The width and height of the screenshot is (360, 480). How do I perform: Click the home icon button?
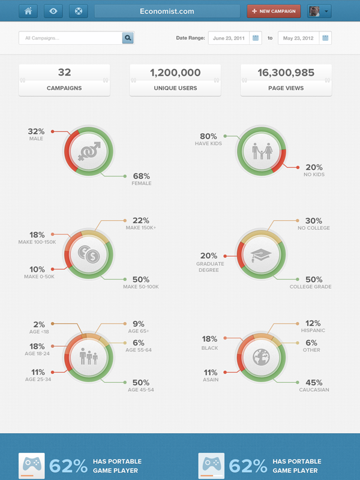(28, 11)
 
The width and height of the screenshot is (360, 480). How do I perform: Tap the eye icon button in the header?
(53, 11)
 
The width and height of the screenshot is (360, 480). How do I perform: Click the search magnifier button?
(128, 38)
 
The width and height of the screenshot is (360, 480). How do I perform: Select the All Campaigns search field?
(71, 38)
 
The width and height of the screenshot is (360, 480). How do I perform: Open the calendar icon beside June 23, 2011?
(256, 38)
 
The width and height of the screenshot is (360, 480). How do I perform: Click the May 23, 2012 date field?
(298, 38)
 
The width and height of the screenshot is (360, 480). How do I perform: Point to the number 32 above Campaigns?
(64, 72)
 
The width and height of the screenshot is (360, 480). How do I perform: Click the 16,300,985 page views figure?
(286, 73)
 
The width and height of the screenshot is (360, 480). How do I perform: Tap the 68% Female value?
(142, 176)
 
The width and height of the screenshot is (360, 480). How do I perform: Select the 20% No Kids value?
(314, 167)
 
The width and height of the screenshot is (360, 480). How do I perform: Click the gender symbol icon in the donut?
(89, 151)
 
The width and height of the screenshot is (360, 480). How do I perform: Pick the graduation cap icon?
(261, 255)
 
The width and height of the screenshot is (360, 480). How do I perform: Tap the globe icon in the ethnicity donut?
(261, 357)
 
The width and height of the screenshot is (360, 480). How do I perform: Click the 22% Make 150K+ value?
(141, 220)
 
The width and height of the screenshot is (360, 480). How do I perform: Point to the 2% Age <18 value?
(39, 325)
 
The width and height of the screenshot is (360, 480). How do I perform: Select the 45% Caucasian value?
(314, 383)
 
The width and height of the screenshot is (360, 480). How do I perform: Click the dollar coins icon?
(89, 254)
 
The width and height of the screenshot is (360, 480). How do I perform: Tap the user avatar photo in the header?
(314, 11)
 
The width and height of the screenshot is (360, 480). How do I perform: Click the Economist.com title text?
(167, 11)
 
